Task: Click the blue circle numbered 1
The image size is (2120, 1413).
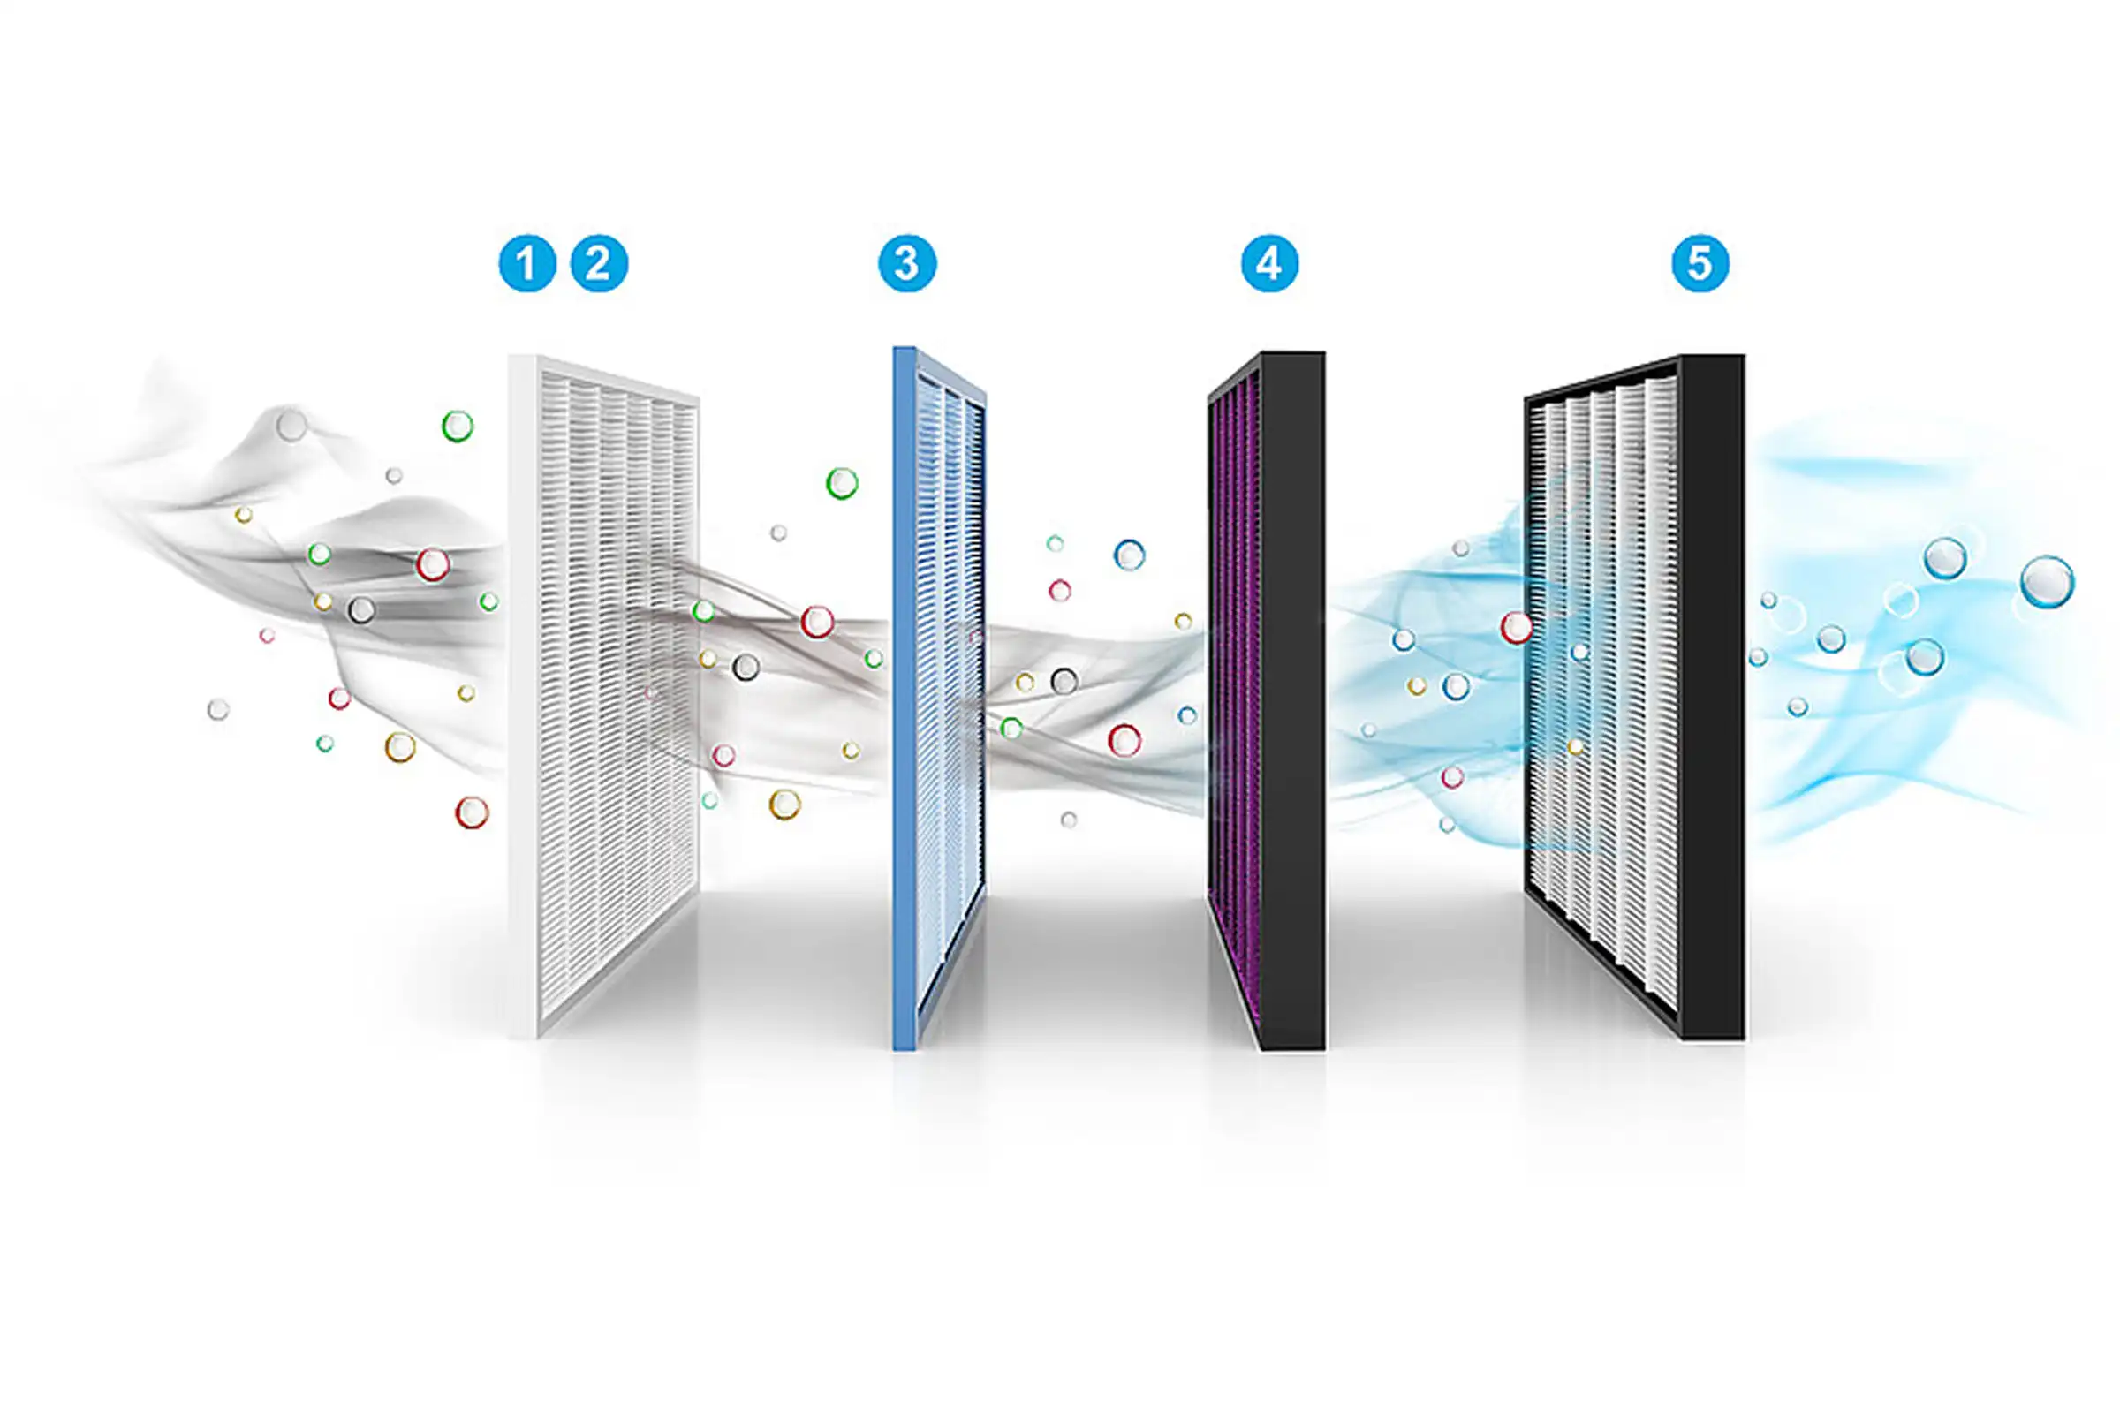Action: [x=527, y=263]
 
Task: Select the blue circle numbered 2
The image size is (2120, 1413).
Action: [x=600, y=263]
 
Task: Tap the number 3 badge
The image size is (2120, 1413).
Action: [x=908, y=263]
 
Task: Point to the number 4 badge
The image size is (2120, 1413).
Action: [x=1270, y=263]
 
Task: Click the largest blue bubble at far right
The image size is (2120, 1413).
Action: [x=2047, y=582]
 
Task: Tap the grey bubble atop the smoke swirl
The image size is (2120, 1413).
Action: [x=291, y=425]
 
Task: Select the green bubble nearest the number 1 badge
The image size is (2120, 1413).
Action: [x=457, y=426]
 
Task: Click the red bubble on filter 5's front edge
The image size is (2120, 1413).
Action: [x=1516, y=627]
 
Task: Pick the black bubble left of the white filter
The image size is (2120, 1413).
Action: [x=360, y=610]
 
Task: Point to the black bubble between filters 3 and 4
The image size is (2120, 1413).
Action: [x=1064, y=680]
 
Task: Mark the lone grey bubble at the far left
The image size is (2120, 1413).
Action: [x=218, y=709]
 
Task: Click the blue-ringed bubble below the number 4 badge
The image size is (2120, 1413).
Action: [x=1130, y=555]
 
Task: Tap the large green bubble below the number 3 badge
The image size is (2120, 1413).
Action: [x=842, y=483]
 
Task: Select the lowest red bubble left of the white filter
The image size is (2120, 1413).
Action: [x=472, y=812]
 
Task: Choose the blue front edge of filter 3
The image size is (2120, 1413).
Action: [x=904, y=699]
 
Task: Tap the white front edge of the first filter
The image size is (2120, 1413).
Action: [x=523, y=696]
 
